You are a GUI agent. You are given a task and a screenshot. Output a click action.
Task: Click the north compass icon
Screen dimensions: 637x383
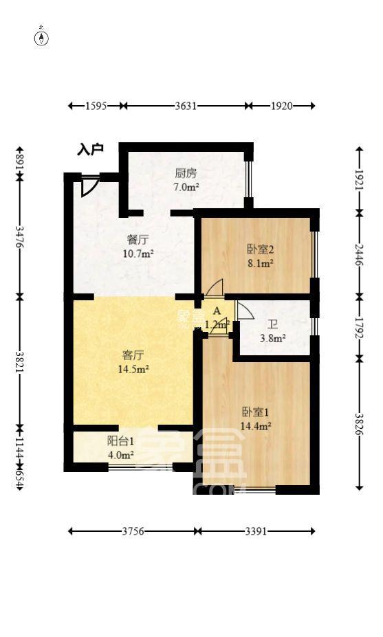[x=42, y=37]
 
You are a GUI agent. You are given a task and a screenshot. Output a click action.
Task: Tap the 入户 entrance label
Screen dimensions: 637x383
[x=90, y=149]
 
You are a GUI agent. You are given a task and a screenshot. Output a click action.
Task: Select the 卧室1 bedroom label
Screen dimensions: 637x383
[x=256, y=412]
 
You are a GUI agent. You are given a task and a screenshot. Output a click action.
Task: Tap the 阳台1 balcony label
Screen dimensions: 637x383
[x=120, y=442]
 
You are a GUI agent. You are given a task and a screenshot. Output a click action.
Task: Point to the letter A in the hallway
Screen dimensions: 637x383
[x=217, y=311]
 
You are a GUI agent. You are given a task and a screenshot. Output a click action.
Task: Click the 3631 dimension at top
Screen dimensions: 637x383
[x=186, y=106]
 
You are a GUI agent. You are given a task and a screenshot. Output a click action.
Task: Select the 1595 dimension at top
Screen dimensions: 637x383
[x=96, y=106]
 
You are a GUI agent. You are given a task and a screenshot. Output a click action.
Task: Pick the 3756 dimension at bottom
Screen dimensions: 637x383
[x=133, y=531]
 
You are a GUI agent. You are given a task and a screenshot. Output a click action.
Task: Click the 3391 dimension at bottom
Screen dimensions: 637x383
[x=256, y=531]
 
